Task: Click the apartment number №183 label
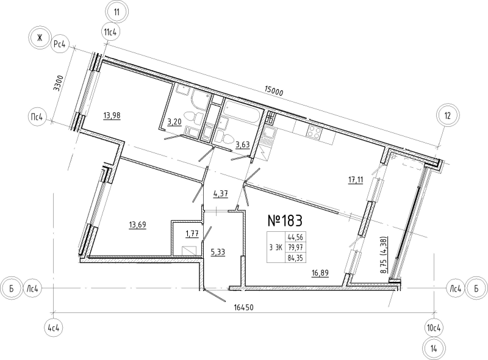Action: pyautogui.click(x=285, y=221)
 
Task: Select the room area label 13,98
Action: pyautogui.click(x=112, y=116)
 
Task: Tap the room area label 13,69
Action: pyautogui.click(x=137, y=225)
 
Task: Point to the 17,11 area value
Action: pyautogui.click(x=356, y=179)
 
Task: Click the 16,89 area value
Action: pyautogui.click(x=320, y=273)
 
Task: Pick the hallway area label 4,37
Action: pyautogui.click(x=221, y=194)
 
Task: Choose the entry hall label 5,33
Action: pyautogui.click(x=218, y=252)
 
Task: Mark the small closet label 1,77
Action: pyautogui.click(x=192, y=234)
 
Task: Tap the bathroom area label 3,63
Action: pyautogui.click(x=243, y=144)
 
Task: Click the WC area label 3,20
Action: pyautogui.click(x=175, y=122)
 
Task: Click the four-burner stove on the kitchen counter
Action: pyautogui.click(x=314, y=132)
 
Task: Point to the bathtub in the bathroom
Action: pyautogui.click(x=242, y=112)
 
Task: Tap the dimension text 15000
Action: pyautogui.click(x=273, y=92)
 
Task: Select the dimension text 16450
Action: pyautogui.click(x=244, y=308)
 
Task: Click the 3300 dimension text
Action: pyautogui.click(x=59, y=83)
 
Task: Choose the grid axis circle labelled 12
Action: pyautogui.click(x=447, y=116)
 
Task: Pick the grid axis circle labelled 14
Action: pyautogui.click(x=434, y=348)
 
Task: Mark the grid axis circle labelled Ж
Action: pyautogui.click(x=40, y=38)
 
